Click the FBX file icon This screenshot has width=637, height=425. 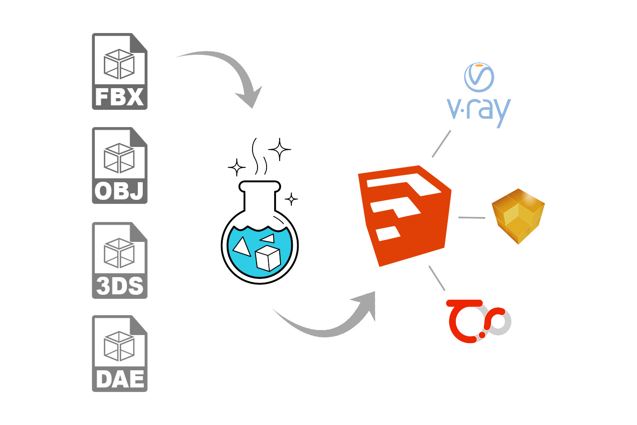(x=120, y=71)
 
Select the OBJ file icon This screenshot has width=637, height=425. (x=120, y=165)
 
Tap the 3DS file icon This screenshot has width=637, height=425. (x=120, y=260)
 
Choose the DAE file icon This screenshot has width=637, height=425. (x=120, y=354)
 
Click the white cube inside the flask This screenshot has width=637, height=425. (x=268, y=258)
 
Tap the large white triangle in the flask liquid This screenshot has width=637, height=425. (x=241, y=247)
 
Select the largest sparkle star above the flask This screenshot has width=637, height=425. (x=280, y=149)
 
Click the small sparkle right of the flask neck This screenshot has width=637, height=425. (x=291, y=199)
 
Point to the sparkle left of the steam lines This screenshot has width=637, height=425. (x=237, y=167)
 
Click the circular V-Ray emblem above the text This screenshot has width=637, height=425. (x=479, y=77)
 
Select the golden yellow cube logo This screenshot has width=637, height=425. (x=518, y=216)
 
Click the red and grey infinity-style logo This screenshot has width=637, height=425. (x=478, y=321)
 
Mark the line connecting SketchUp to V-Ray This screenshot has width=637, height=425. (x=441, y=144)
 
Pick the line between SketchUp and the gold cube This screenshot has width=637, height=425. (x=472, y=217)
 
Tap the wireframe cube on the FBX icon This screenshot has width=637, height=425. (x=119, y=64)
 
